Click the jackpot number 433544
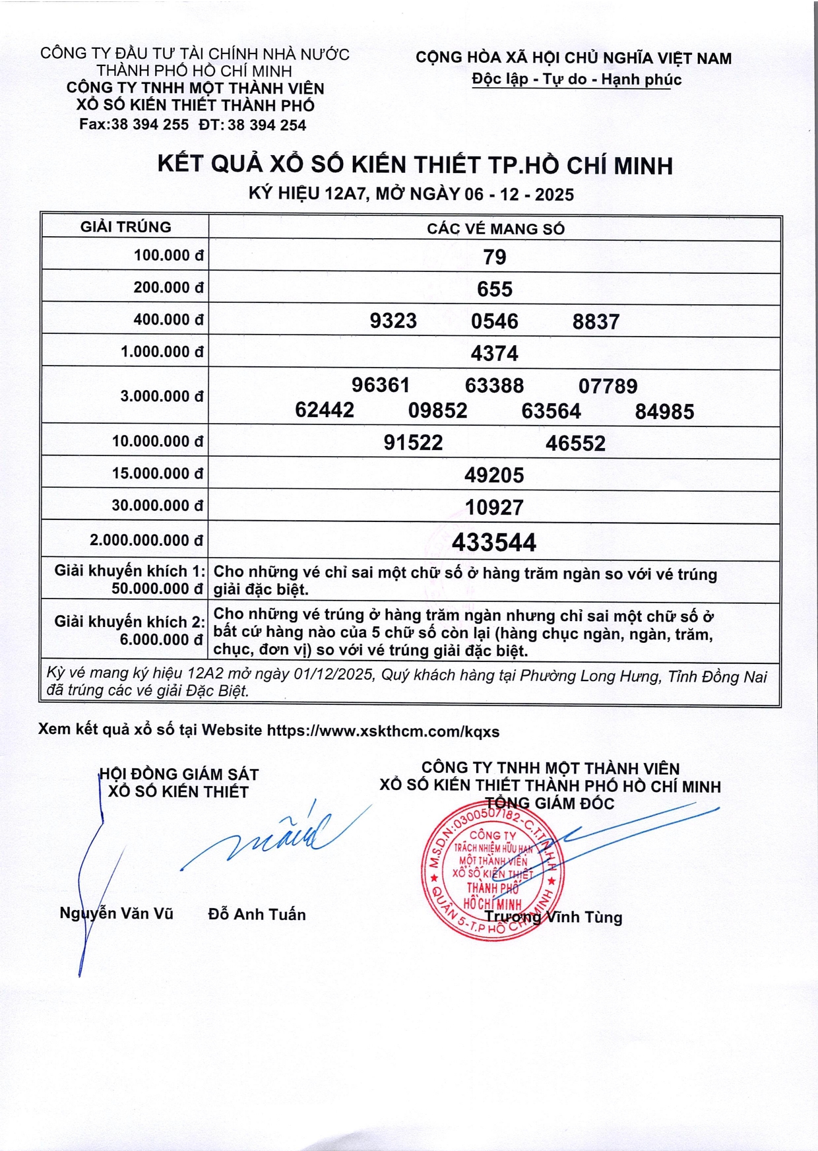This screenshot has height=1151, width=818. [x=494, y=543]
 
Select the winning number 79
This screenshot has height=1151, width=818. [x=494, y=257]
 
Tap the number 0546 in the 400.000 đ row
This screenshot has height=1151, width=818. [x=494, y=321]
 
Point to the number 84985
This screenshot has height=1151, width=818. [x=664, y=412]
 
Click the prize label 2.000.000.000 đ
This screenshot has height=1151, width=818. [x=146, y=541]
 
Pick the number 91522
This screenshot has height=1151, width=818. [x=414, y=443]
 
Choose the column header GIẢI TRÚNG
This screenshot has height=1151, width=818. [x=125, y=227]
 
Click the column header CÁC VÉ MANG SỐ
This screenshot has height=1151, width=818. [x=495, y=229]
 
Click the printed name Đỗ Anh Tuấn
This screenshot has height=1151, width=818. [x=257, y=915]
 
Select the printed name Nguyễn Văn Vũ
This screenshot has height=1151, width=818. [x=117, y=913]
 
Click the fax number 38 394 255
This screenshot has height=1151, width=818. [x=149, y=125]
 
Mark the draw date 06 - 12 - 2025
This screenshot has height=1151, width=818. [x=519, y=195]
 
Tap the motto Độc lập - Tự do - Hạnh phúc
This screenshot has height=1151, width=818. [x=577, y=80]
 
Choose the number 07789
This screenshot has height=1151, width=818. [x=608, y=386]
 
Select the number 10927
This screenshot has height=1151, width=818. [x=494, y=508]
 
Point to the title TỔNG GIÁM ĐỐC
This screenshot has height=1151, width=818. [x=550, y=804]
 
